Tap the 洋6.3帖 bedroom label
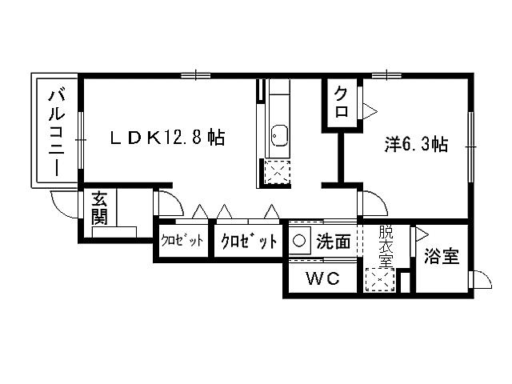pyautogui.click(x=415, y=145)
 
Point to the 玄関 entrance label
pyautogui.click(x=99, y=206)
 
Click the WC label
pyautogui.click(x=322, y=279)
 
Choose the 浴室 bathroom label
pyautogui.click(x=442, y=257)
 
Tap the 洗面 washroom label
pyautogui.click(x=332, y=241)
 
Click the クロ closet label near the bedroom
pyautogui.click(x=341, y=102)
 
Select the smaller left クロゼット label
pyautogui.click(x=181, y=241)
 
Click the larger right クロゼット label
pyautogui.click(x=248, y=241)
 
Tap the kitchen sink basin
pyautogui.click(x=278, y=135)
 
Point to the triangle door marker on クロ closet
pyautogui.click(x=370, y=108)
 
